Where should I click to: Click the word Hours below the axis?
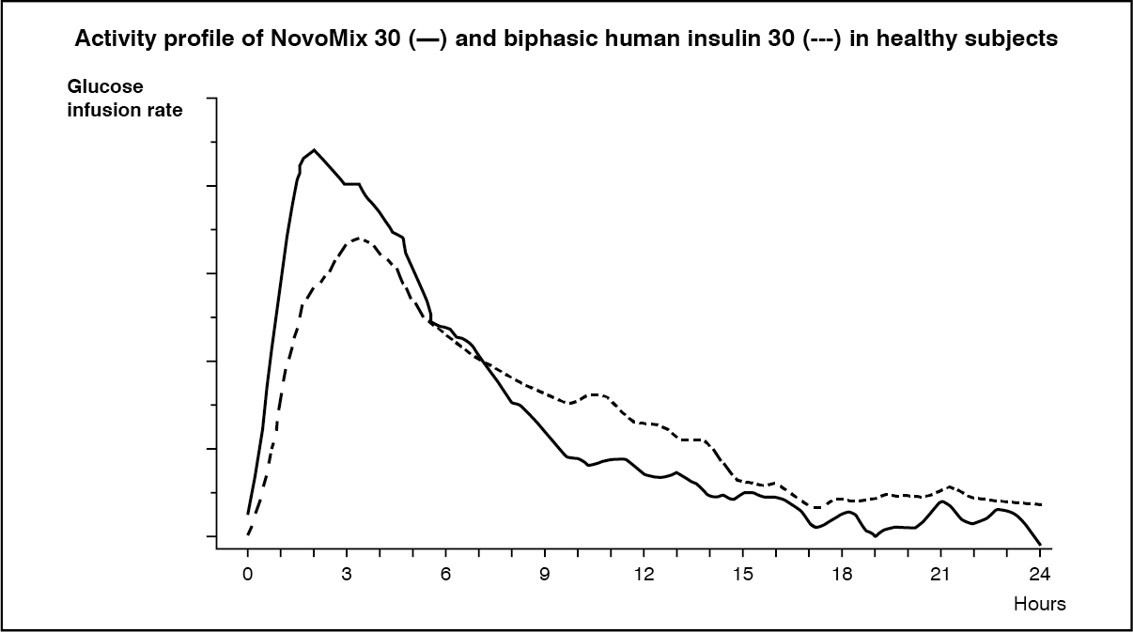(x=1039, y=604)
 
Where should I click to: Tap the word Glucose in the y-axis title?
(x=104, y=86)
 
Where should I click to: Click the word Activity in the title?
(x=110, y=39)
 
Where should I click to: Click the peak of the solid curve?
(x=314, y=149)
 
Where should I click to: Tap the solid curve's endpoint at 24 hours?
(x=1040, y=545)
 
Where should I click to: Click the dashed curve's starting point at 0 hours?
(x=248, y=534)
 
